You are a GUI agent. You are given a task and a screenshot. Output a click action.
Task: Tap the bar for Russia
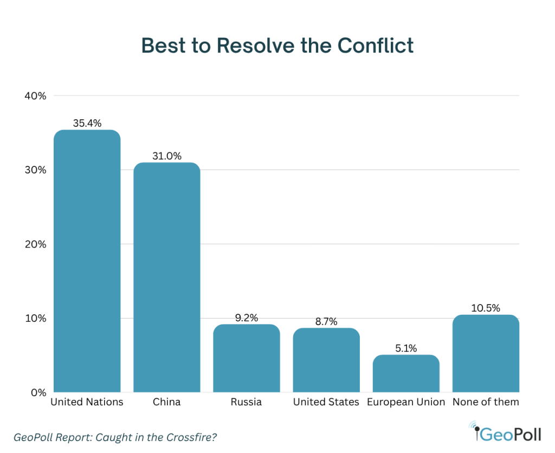pos(247,358)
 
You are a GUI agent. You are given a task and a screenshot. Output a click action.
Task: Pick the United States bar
pos(326,360)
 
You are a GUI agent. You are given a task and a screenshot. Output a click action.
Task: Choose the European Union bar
pos(406,373)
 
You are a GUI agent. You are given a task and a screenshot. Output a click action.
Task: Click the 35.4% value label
pos(87,124)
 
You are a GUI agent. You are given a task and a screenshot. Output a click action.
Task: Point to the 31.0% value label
pos(166,156)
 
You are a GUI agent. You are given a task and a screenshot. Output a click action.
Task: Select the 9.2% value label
pos(247,318)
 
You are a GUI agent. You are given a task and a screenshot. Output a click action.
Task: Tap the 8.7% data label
pos(326,321)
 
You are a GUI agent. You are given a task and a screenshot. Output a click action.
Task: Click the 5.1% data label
pos(406,348)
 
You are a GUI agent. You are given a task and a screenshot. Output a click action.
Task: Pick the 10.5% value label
pos(486,308)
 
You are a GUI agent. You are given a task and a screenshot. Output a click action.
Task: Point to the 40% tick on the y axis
pos(35,96)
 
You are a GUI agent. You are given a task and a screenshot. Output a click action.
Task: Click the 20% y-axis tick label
pos(35,244)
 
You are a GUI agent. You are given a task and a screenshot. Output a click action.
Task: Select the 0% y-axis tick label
pos(38,392)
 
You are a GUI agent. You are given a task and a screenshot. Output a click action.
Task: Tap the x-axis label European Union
pos(406,402)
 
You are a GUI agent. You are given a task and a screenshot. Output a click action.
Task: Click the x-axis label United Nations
pos(87,402)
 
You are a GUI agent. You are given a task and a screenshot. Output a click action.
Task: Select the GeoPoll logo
pos(507,433)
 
